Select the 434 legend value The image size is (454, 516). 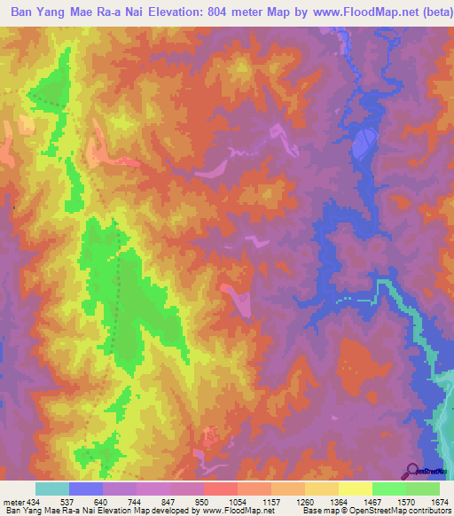[x=35, y=501]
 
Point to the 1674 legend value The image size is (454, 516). [x=438, y=501]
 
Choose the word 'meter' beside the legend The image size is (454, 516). [x=13, y=501]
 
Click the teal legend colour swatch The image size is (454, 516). [x=52, y=489]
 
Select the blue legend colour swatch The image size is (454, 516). [x=86, y=489]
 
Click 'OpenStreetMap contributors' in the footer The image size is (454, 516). [x=407, y=511]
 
